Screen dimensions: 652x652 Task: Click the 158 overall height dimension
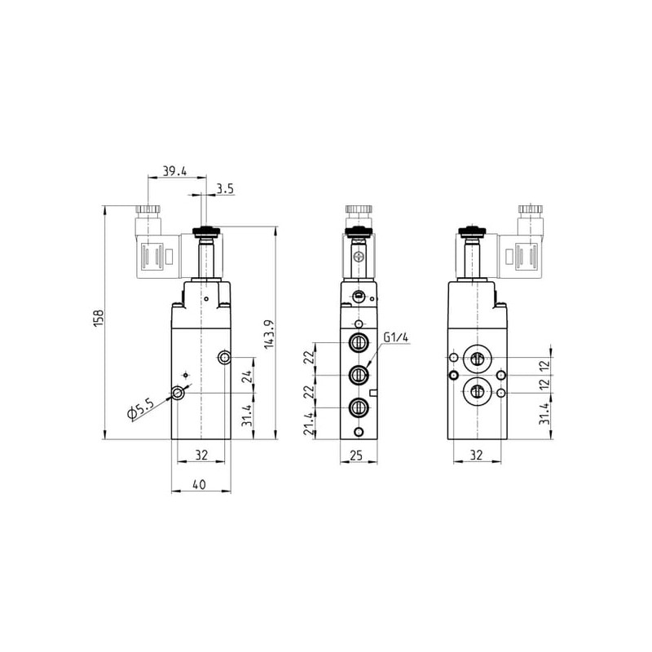pos(99,318)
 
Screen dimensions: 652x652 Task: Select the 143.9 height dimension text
pos(269,334)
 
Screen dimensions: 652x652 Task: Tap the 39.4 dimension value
pos(174,171)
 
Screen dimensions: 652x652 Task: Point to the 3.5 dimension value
pos(225,189)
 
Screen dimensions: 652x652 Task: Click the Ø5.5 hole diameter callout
pos(140,409)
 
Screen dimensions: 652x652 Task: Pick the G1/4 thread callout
pos(396,337)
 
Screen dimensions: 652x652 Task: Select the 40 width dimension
pos(200,484)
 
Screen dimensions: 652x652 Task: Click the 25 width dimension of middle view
pos(357,456)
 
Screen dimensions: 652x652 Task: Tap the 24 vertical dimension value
pos(247,377)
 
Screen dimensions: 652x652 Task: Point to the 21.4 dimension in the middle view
pos(309,424)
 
